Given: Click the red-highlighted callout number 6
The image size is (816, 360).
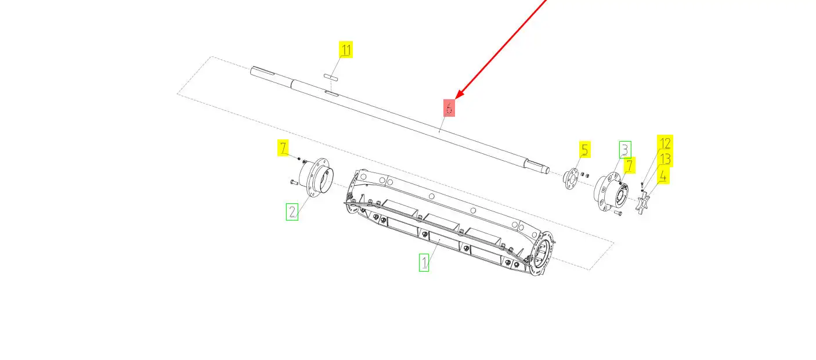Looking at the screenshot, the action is pyautogui.click(x=449, y=108).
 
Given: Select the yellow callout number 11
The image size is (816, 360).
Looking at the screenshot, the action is pyautogui.click(x=346, y=49).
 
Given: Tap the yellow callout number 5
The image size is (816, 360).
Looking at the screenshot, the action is pyautogui.click(x=584, y=149).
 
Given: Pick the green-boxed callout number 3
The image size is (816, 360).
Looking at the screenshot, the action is pyautogui.click(x=625, y=149).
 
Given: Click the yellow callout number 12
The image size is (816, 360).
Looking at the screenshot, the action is pyautogui.click(x=665, y=143).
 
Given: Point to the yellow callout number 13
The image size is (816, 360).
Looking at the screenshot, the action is pyautogui.click(x=665, y=159).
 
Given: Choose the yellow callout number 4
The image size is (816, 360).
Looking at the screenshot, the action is pyautogui.click(x=663, y=176).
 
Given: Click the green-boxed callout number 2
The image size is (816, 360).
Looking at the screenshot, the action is pyautogui.click(x=292, y=212).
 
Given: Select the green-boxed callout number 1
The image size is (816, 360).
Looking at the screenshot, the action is pyautogui.click(x=424, y=262).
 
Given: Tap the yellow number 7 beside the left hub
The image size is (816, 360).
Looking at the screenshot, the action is pyautogui.click(x=283, y=147).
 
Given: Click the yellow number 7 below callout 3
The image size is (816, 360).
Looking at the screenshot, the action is pyautogui.click(x=630, y=165).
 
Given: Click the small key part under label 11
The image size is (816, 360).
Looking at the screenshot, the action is pyautogui.click(x=331, y=77).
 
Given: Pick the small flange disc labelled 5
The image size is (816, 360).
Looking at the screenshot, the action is pyautogui.click(x=571, y=178).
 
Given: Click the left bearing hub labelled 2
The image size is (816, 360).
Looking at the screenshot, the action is pyautogui.click(x=316, y=178).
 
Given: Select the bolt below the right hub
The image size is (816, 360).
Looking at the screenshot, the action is pyautogui.click(x=618, y=213).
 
